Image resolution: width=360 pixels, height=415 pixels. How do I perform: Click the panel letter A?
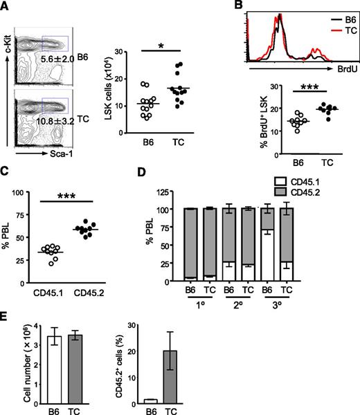pyautogui.click(x=6, y=6)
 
